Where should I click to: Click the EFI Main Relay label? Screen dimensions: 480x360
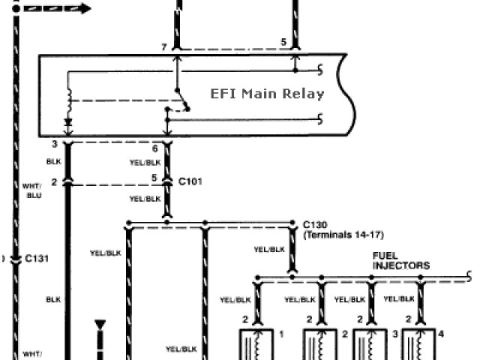pos(267,94)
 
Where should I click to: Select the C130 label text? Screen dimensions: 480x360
pos(315,224)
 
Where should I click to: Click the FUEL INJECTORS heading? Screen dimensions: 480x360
pos(401,260)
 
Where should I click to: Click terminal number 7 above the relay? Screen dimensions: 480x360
pos(164,48)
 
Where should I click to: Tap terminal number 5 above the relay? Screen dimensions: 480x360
pos(283,43)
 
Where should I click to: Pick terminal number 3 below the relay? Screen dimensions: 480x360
pos(55,142)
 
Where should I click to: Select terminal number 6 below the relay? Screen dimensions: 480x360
pos(154,148)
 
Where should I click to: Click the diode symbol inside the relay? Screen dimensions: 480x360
pos(68,121)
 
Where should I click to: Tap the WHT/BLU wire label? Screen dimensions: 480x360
pos(33,190)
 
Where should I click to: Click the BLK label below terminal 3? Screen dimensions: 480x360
pos(53,160)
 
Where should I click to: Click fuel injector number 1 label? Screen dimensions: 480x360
pos(282,331)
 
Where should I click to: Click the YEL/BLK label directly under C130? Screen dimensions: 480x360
pos(269,249)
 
